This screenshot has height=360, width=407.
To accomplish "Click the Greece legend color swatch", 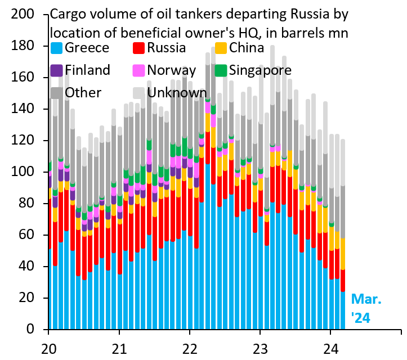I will (x=56, y=48).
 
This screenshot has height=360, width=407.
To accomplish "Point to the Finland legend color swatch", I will (x=56, y=70).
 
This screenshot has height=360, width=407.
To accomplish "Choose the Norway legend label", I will (x=171, y=70).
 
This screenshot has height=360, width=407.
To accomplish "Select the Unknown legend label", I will (x=177, y=92).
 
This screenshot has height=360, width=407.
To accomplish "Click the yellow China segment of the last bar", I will (x=343, y=254).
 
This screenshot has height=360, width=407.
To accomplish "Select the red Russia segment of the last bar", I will (x=343, y=281).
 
